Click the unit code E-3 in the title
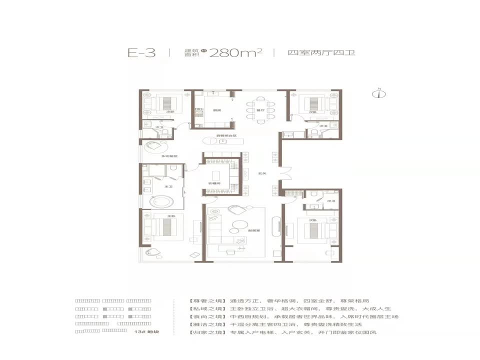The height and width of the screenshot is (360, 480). (x=141, y=53)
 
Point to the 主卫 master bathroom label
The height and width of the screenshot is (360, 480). (x=169, y=186)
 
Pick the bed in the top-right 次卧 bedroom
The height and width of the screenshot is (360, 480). (x=311, y=104)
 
